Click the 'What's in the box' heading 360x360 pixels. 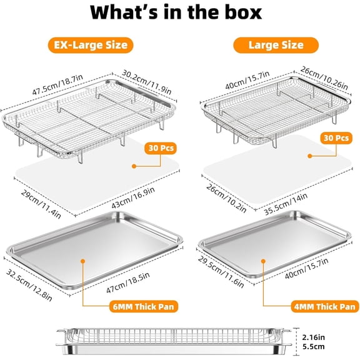pos(176,12)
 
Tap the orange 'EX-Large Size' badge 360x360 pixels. pos(91,45)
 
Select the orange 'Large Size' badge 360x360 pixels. pos(276,45)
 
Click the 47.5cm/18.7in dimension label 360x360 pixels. pos(57,84)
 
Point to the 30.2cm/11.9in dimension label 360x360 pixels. pos(146,82)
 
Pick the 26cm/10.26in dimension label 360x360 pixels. pos(324,78)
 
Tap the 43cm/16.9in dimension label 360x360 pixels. pos(133,197)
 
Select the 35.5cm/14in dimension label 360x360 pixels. pos(286,204)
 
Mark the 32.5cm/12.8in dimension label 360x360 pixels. pos(29,285)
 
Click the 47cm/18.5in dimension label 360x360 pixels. pos(128,282)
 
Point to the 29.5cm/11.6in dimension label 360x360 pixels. pos(221,272)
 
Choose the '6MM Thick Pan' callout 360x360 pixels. pos(144,306)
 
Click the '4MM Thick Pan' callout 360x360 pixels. pos(325,306)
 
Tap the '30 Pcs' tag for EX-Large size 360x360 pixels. pos(161,148)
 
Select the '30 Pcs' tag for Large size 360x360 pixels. pos(336,138)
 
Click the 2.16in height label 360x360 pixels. pos(314,337)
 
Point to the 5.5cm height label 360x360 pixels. pos(313,346)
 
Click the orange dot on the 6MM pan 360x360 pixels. pos(83,261)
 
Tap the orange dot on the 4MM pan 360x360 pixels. pos(263,261)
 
